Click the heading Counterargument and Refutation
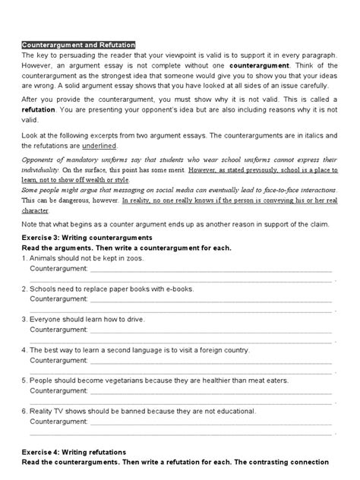click(78, 46)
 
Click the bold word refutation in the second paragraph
click(41, 109)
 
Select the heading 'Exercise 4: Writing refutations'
click(78, 451)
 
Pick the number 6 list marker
click(24, 409)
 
